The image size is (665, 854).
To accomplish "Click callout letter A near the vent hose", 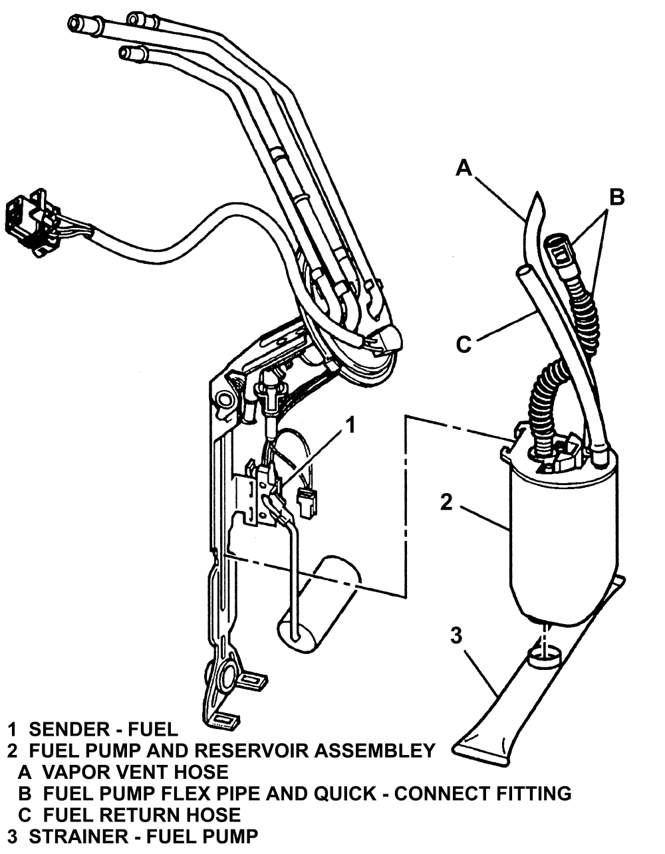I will point(464,168).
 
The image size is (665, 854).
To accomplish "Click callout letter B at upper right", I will point(617,197).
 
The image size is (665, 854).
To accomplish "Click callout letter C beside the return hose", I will point(464,344).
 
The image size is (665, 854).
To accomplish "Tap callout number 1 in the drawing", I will point(349,425).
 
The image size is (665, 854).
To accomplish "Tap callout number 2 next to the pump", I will point(446,502).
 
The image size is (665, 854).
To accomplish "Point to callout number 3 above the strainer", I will point(456,636).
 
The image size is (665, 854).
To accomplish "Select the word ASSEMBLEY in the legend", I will point(375,751).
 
